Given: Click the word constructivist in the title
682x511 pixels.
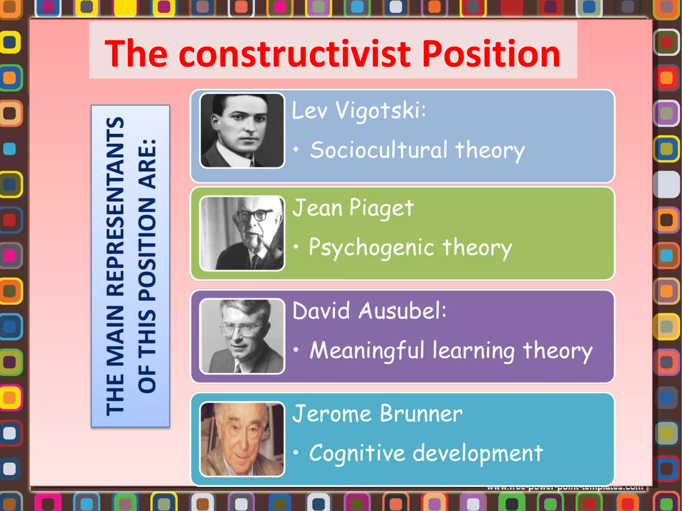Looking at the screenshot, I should pyautogui.click(x=295, y=54).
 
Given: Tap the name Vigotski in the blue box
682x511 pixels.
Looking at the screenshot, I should pyautogui.click(x=380, y=110).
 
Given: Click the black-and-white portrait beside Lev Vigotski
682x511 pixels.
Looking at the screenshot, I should pyautogui.click(x=242, y=130).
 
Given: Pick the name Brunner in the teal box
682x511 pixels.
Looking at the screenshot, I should pyautogui.click(x=421, y=414).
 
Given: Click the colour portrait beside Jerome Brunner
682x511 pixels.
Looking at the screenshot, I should pyautogui.click(x=242, y=439).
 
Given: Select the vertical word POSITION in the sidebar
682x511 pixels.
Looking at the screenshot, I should pyautogui.click(x=147, y=250).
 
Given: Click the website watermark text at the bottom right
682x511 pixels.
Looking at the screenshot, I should pyautogui.click(x=565, y=487).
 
